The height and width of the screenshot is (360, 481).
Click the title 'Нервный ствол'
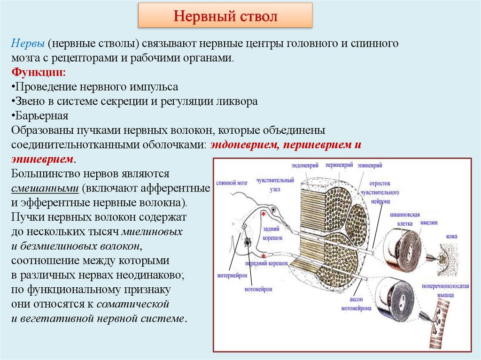coord(225,17)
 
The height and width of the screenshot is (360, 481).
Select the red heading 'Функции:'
coord(39,73)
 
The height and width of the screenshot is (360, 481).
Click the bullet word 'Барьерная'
coord(42,115)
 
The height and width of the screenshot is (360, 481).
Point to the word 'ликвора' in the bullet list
coord(238,101)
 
